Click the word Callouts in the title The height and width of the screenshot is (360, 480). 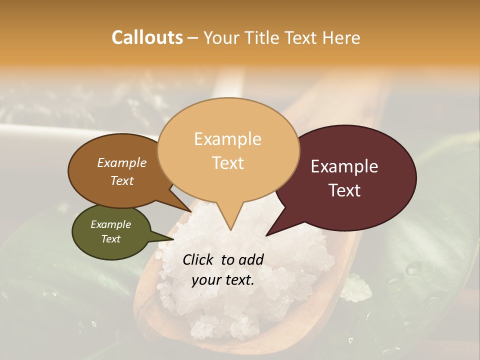147,37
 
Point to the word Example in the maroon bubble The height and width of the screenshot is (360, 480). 344,166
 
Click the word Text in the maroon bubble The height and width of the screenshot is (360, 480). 345,190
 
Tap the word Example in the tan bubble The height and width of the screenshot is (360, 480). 227,139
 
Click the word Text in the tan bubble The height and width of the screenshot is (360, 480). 228,163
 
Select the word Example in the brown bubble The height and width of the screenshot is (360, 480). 122,162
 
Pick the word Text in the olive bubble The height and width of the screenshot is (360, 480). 111,239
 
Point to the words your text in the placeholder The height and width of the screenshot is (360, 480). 223,280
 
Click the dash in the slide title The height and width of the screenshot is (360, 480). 193,38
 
